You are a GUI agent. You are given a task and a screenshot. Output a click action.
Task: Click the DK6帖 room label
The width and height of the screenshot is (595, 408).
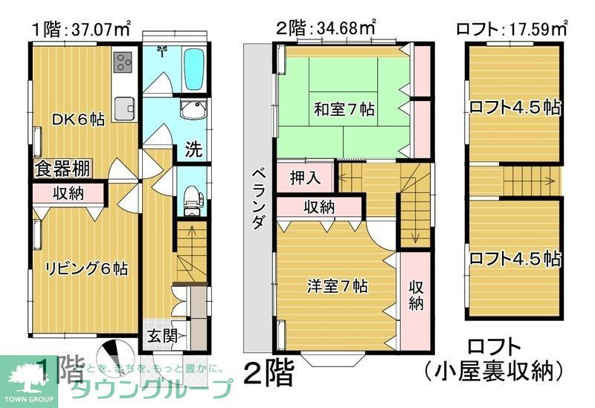[x=77, y=119]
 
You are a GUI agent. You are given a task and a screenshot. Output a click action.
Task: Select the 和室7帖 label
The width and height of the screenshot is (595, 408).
[x=344, y=110]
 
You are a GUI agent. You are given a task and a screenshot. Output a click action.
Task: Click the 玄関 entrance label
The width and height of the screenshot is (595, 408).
[x=161, y=335]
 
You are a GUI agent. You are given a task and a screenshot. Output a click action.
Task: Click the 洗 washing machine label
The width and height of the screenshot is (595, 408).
[x=193, y=149]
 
